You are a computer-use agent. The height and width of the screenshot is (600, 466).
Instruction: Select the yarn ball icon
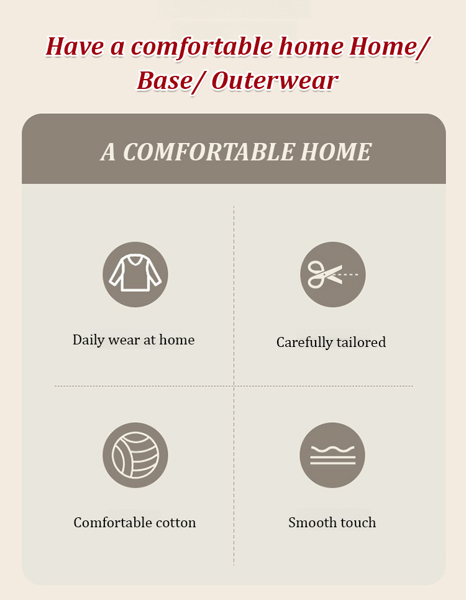(x=135, y=455)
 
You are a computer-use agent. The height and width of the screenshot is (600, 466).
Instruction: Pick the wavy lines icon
(x=332, y=455)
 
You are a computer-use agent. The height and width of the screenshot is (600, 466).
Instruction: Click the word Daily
(x=89, y=340)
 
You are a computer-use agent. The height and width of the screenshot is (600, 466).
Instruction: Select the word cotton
(x=176, y=523)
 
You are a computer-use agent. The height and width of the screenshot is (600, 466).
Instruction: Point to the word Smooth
(x=309, y=522)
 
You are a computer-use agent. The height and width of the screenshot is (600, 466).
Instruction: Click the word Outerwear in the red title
(x=275, y=81)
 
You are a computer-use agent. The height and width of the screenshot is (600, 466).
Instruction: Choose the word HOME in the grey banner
(x=336, y=152)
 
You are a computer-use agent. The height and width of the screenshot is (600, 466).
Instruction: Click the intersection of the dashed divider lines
(x=234, y=386)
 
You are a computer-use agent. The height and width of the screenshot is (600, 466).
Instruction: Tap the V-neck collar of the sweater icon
(x=135, y=261)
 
